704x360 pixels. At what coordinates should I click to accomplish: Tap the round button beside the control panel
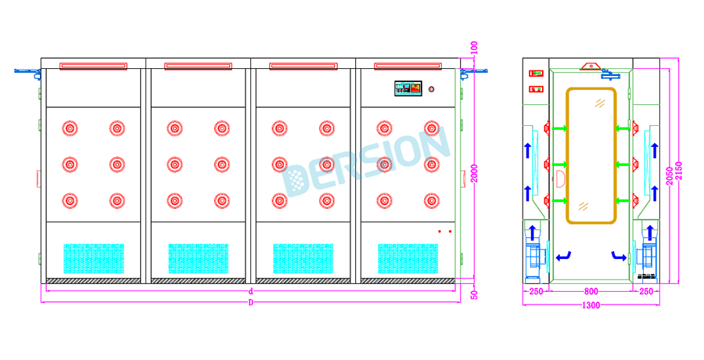[x=431, y=88]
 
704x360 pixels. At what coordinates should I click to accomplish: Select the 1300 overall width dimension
[x=591, y=305]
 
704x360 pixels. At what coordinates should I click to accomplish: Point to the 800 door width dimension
[x=591, y=291]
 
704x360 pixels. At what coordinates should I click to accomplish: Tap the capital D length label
[x=251, y=302]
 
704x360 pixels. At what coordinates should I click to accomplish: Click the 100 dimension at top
[x=474, y=49]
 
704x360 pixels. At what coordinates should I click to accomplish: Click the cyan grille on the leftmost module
[x=94, y=258]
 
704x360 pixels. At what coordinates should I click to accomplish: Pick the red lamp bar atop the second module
[x=199, y=66]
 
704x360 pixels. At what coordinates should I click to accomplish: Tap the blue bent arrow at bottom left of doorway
[x=563, y=255]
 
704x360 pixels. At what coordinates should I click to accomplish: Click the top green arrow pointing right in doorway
[x=559, y=128]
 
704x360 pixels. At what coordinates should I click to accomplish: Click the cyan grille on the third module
[x=304, y=258]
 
